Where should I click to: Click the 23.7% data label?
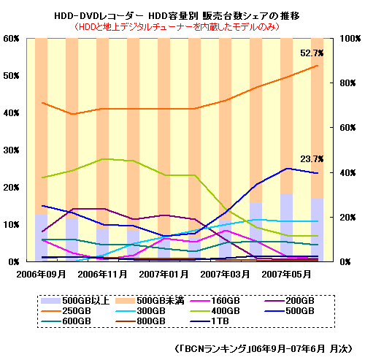(312, 159)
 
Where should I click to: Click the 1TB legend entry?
(219, 321)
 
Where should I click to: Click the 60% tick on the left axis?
(11, 38)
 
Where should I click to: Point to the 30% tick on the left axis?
(11, 150)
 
